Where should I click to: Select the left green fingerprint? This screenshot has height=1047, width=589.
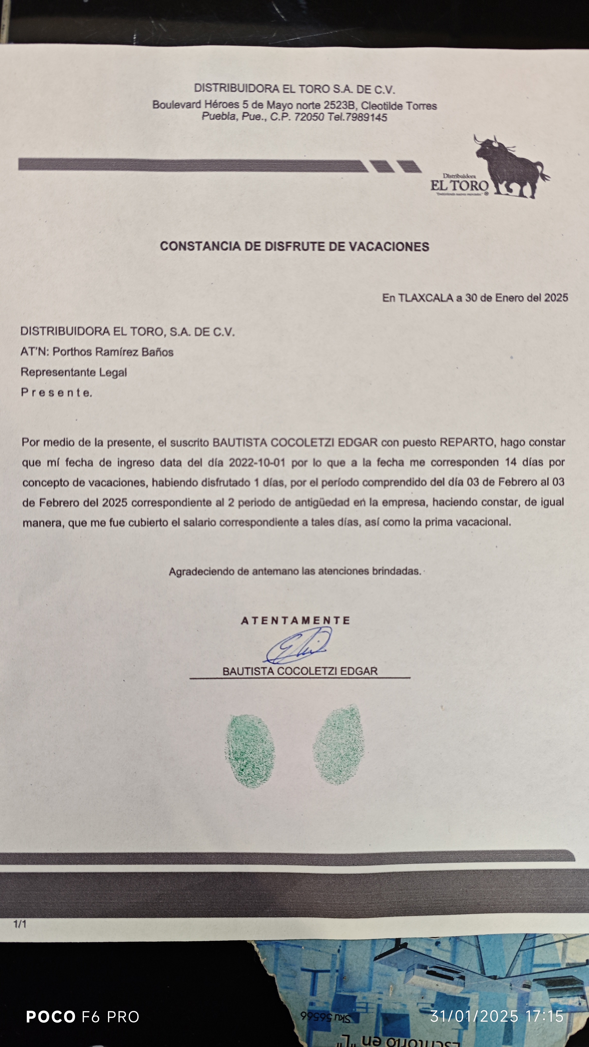[250, 751]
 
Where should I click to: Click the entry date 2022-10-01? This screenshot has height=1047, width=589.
[257, 462]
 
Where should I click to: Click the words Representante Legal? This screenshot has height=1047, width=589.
[74, 372]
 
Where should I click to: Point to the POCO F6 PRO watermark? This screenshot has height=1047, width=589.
[83, 1017]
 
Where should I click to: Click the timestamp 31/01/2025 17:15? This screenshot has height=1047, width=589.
[497, 1016]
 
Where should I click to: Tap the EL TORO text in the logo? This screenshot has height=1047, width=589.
[459, 186]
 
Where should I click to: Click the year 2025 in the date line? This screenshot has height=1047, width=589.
[556, 298]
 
